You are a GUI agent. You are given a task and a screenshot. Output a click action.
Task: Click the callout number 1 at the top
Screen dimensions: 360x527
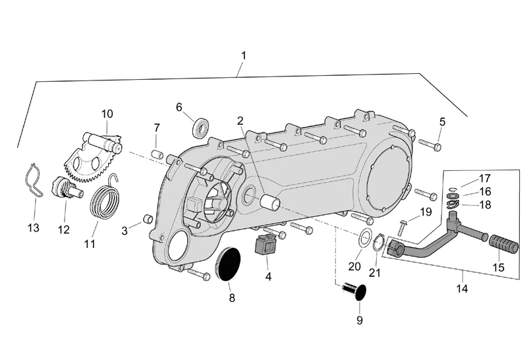click(243, 56)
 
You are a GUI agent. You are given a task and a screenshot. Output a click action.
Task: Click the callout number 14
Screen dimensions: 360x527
click(462, 289)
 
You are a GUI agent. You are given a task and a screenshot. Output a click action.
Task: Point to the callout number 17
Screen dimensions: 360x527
click(485, 178)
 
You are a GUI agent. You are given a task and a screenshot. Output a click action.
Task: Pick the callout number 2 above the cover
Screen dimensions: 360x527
click(240, 121)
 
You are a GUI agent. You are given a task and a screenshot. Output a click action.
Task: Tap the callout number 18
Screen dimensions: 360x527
click(485, 204)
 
